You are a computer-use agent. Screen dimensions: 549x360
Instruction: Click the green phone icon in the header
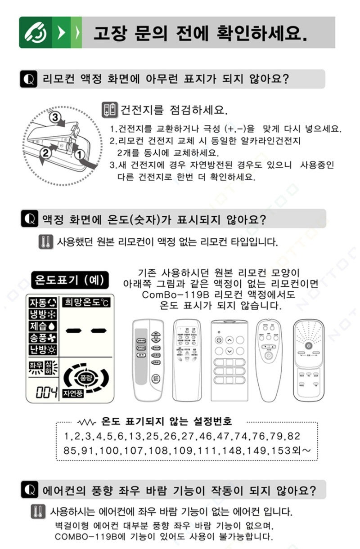tap(35, 32)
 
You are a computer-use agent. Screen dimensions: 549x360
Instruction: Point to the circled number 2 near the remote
tap(45, 153)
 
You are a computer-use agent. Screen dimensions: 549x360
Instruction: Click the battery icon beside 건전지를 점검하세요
tap(110, 109)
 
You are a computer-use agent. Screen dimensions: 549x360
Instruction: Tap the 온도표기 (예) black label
tap(69, 281)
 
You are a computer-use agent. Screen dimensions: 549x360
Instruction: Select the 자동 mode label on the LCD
tap(43, 302)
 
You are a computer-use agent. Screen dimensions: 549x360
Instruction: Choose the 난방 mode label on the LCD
tap(43, 349)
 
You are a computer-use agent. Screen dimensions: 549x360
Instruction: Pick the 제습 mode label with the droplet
tap(43, 326)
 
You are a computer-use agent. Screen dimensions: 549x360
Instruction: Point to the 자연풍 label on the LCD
tap(73, 393)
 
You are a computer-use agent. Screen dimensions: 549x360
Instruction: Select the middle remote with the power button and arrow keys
tap(229, 360)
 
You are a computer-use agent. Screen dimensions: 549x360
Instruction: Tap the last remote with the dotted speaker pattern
tap(308, 360)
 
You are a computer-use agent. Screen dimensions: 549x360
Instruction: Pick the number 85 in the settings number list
tap(70, 450)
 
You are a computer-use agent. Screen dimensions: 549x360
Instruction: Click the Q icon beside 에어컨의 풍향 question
tap(29, 490)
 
